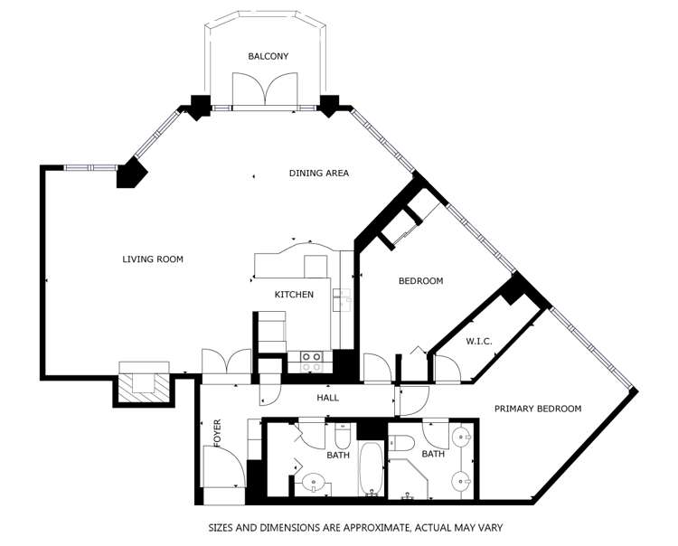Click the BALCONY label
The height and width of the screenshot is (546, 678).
(268, 56)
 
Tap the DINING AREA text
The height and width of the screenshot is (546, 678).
(318, 174)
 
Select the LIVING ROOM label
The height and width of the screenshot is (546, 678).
(153, 259)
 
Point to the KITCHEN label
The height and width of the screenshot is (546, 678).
(294, 295)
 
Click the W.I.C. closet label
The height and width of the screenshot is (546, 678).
(478, 342)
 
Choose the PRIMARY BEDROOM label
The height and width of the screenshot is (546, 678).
(537, 409)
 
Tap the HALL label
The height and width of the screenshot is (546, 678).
(327, 399)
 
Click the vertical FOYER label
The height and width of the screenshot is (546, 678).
(217, 434)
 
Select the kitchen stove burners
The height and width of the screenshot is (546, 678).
(311, 359)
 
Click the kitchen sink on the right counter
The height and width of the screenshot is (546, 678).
(343, 297)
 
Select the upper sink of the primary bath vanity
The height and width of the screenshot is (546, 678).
(462, 438)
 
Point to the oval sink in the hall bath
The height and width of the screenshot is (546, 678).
(315, 481)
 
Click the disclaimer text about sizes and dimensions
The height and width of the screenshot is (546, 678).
(355, 527)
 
